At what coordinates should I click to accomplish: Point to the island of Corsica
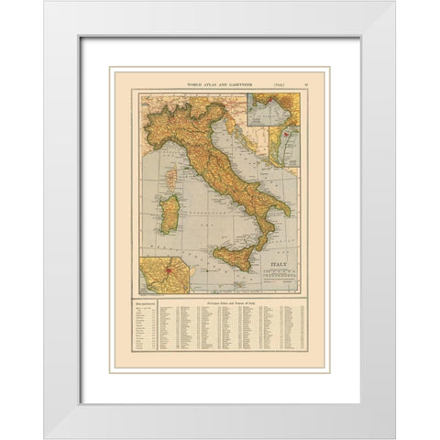point(169,170)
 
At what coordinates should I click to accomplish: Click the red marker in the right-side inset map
point(286,134)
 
